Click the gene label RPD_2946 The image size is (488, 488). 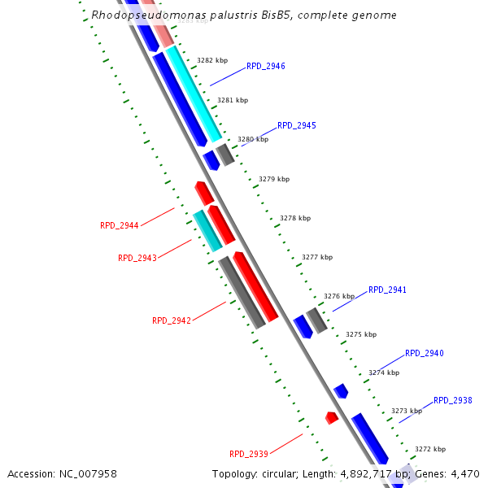point(265,66)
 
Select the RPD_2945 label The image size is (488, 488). point(297,125)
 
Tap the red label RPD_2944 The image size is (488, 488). point(120,225)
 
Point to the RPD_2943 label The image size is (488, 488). point(137,258)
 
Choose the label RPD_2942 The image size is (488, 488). point(172,320)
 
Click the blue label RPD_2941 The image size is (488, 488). point(387,290)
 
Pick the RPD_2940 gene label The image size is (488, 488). point(425,353)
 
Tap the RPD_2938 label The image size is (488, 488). point(453,400)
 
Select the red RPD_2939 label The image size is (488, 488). point(249,454)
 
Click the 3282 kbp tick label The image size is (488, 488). point(212,60)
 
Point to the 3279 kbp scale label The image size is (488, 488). point(274,179)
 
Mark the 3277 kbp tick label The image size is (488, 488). point(317,257)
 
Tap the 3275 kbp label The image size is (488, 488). point(361,334)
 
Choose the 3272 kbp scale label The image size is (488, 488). point(430,449)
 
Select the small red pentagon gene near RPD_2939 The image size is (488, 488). point(332,417)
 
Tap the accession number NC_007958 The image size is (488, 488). point(90,473)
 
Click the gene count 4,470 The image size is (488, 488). point(466,473)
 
